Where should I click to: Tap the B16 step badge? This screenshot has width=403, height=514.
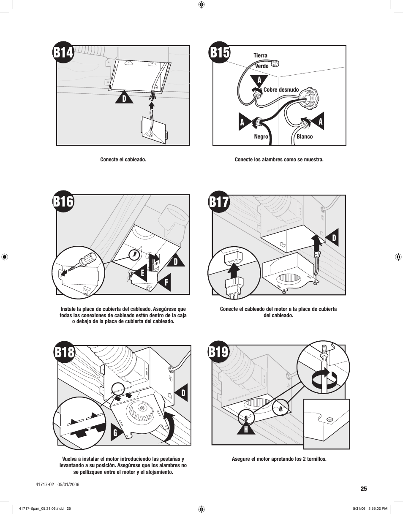[x=63, y=202]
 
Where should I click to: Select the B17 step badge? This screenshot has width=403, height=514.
[x=219, y=202]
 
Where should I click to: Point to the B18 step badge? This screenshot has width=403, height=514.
[x=64, y=353]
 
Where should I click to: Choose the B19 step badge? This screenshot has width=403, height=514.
[x=219, y=352]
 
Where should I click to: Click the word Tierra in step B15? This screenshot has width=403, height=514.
[x=260, y=56]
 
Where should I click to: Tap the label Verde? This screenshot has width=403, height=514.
[x=261, y=66]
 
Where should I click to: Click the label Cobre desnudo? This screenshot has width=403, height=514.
[x=281, y=90]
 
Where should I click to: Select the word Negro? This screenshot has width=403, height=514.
[x=261, y=137]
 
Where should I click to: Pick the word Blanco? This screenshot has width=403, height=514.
[x=305, y=137]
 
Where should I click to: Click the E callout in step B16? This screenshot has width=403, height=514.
[x=142, y=273]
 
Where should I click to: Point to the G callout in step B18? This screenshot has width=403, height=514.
[x=115, y=432]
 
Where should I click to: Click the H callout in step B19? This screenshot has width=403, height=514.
[x=245, y=429]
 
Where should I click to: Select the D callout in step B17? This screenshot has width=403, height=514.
[x=333, y=239]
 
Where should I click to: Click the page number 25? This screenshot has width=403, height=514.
[x=364, y=489]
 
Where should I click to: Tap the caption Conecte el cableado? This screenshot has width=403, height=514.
[x=123, y=160]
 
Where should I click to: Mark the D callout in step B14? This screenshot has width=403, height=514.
[x=124, y=98]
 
